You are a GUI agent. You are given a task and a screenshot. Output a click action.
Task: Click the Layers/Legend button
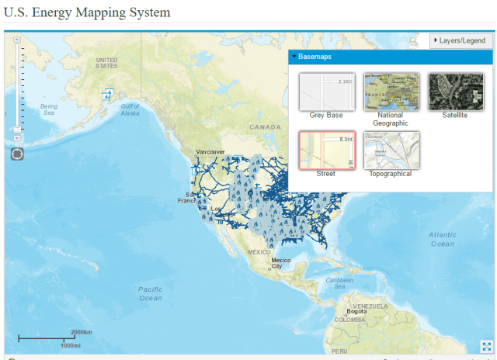click(x=461, y=40)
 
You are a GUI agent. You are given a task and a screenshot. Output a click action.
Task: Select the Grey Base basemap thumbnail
click(x=326, y=92)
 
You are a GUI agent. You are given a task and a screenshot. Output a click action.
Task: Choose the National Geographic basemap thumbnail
click(x=391, y=92)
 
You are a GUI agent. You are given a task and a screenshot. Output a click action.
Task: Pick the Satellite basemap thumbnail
click(x=455, y=92)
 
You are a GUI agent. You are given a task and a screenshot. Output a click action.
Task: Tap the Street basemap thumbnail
click(x=326, y=150)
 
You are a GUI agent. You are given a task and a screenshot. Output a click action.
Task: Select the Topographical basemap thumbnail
click(x=391, y=150)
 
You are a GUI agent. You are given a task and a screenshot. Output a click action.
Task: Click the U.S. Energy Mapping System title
click(x=87, y=13)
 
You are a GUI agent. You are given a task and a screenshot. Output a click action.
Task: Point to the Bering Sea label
click(x=49, y=109)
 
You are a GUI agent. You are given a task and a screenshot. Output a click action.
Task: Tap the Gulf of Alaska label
click(x=130, y=109)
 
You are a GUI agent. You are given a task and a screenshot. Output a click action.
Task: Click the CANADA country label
click(x=265, y=126)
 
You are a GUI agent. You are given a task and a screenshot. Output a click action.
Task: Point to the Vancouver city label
click(x=210, y=151)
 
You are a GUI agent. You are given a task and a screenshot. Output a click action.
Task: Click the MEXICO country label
click(x=259, y=252)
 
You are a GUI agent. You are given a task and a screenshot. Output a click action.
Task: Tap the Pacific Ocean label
click(x=151, y=293)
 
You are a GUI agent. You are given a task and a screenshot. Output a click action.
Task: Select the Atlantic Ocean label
click(x=442, y=239)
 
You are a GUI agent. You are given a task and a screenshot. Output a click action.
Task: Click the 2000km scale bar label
click(x=82, y=332)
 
